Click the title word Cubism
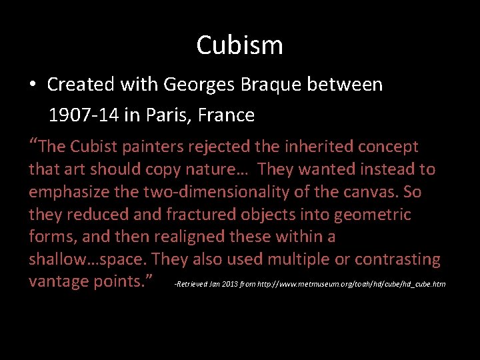click(x=239, y=45)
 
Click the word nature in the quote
click(x=217, y=169)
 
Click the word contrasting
click(x=397, y=259)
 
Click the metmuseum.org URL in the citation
click(x=355, y=285)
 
